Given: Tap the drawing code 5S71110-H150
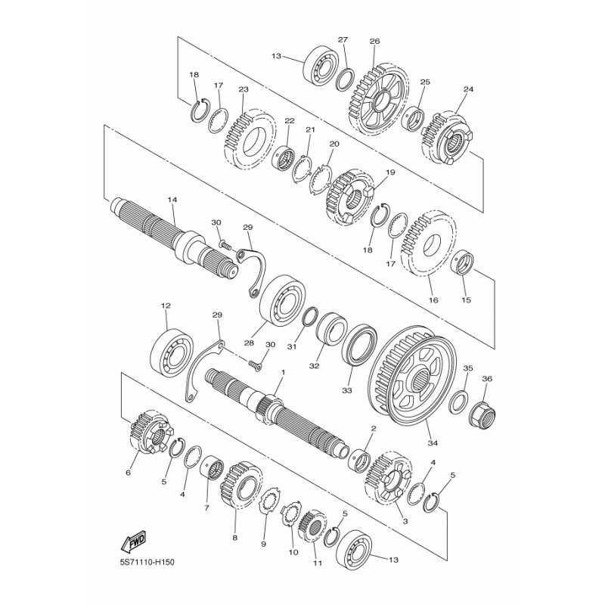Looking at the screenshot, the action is (x=147, y=562).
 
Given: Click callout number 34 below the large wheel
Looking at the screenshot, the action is (x=433, y=443).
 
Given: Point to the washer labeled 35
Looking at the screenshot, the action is (x=459, y=402).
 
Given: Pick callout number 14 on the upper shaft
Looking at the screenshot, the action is (x=172, y=200).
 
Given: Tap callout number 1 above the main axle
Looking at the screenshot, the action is (x=283, y=373).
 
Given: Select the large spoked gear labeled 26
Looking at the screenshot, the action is (x=378, y=101).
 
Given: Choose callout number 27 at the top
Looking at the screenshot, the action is (x=343, y=40).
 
